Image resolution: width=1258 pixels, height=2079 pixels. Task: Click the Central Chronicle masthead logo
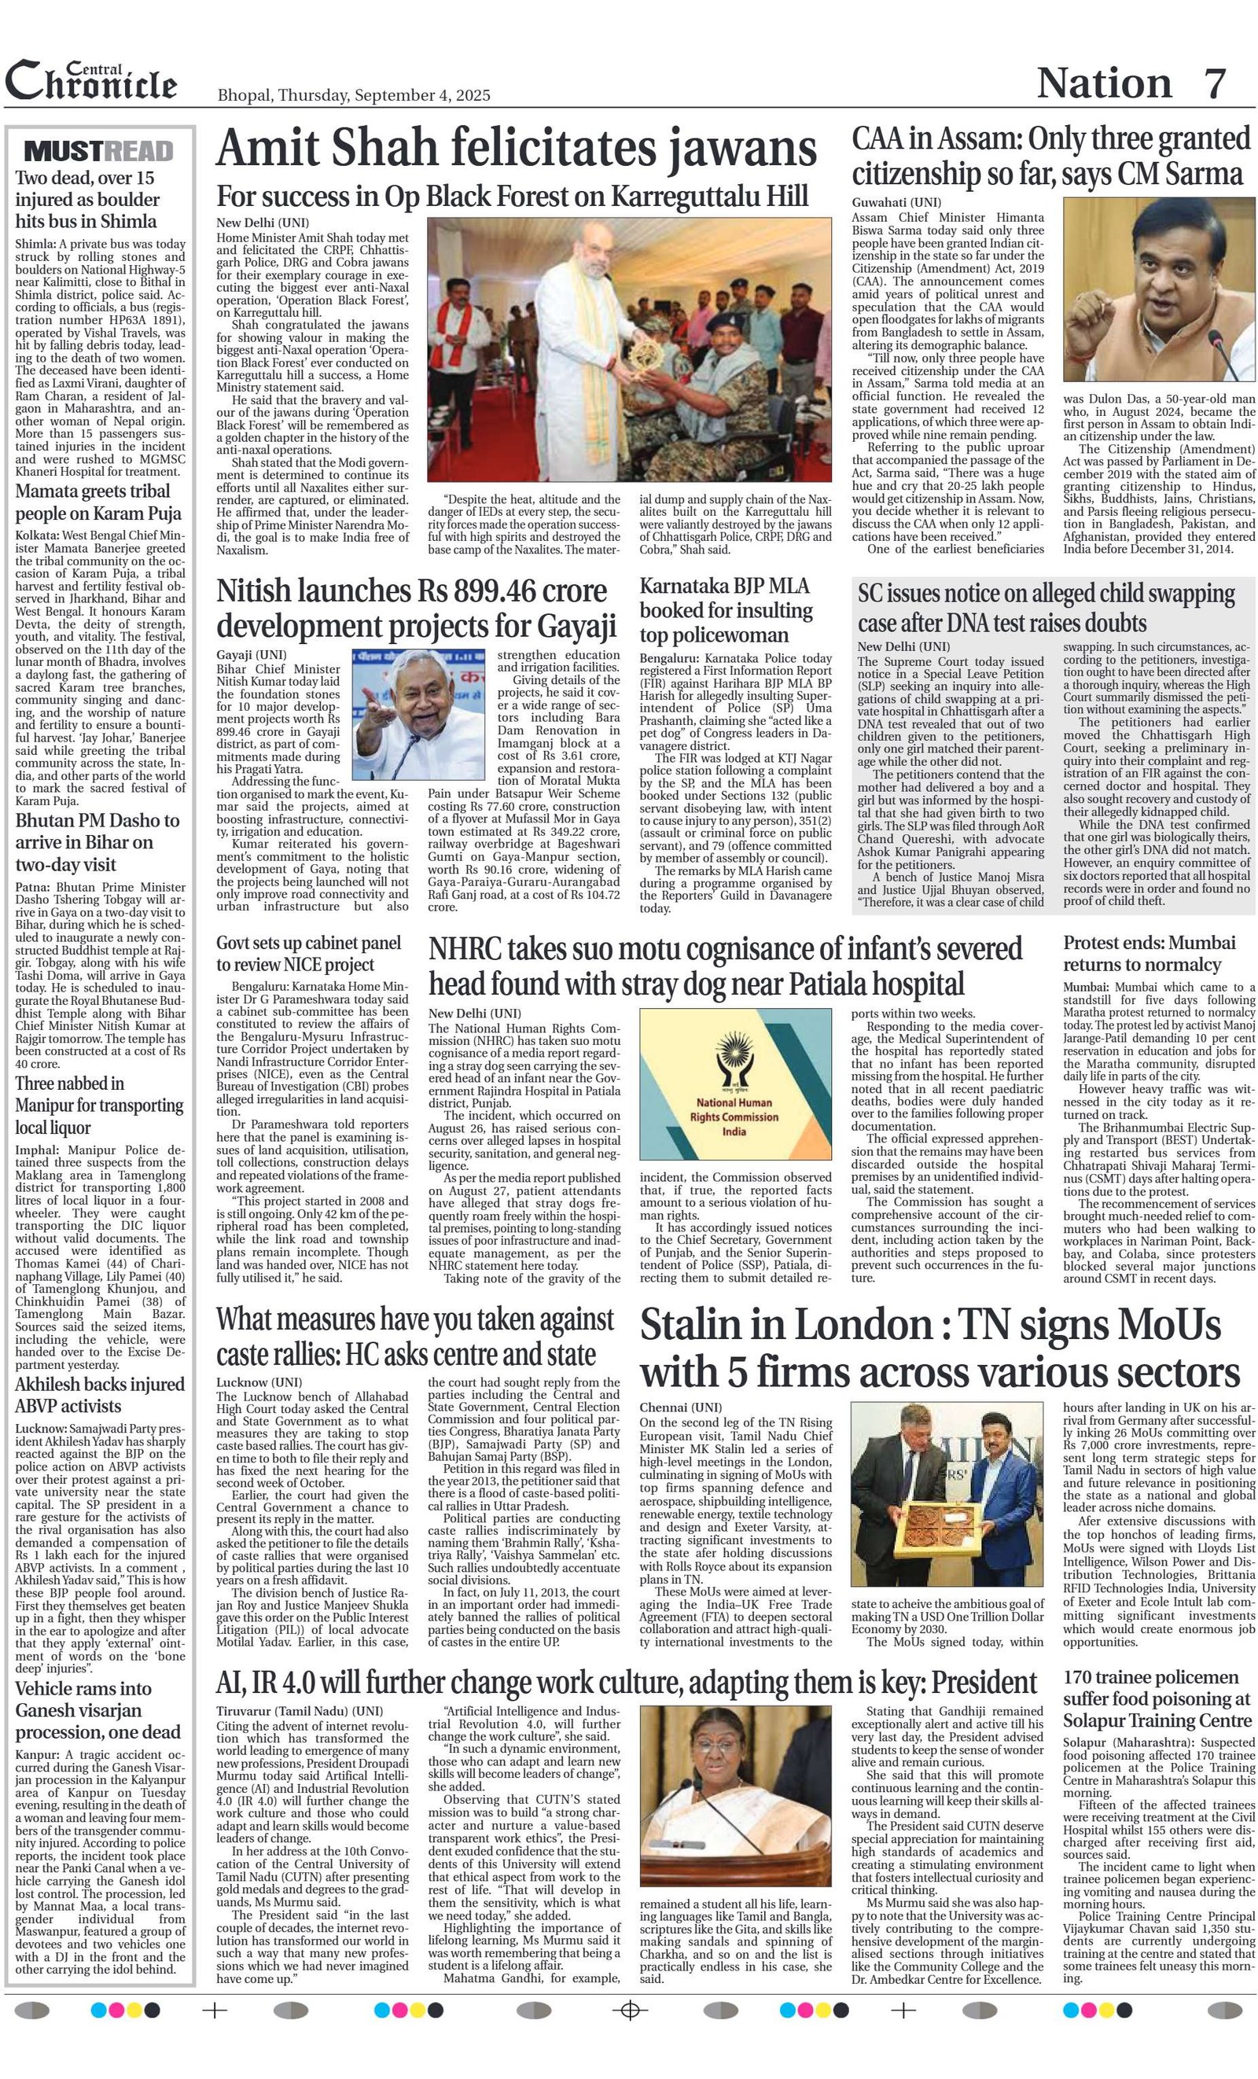point(91,82)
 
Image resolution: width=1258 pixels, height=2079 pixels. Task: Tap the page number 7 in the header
point(1214,83)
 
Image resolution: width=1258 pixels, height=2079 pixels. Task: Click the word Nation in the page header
point(1104,83)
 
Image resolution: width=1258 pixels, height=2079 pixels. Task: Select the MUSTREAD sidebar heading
point(99,152)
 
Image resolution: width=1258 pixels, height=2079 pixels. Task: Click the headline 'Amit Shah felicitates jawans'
point(516,149)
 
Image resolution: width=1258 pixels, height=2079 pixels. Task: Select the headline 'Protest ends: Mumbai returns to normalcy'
point(1148,954)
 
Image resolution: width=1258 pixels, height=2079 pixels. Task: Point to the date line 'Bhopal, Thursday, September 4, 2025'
point(354,95)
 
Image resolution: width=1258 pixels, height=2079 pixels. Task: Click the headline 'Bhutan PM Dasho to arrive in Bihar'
point(97,842)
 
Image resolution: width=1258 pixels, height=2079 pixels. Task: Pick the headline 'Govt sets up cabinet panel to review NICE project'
point(296,954)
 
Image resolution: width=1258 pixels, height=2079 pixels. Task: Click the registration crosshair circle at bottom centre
point(628,2011)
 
